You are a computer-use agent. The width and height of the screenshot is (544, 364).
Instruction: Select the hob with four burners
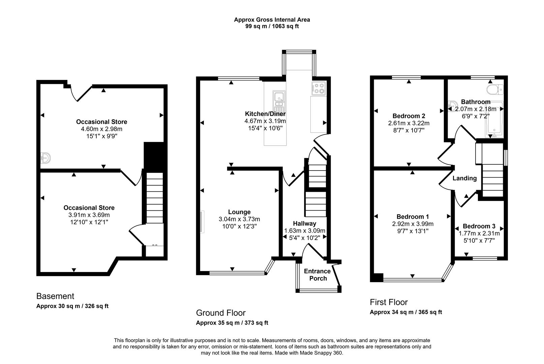tap(319, 88)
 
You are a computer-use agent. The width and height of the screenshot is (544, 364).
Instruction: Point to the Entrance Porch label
tap(317, 275)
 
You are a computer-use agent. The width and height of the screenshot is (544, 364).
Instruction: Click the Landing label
tap(464, 178)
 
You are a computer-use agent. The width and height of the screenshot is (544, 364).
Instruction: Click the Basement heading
tap(55, 296)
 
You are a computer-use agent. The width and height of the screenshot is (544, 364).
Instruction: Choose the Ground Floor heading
tap(221, 313)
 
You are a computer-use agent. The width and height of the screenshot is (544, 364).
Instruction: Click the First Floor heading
tap(389, 302)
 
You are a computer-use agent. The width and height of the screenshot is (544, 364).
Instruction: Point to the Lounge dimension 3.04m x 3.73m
tap(239, 219)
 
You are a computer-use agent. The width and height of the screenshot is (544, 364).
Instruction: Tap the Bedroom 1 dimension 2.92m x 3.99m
tap(413, 224)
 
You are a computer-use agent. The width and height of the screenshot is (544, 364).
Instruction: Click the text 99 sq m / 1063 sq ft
tap(272, 26)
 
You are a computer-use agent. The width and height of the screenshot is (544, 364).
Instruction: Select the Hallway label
tap(304, 223)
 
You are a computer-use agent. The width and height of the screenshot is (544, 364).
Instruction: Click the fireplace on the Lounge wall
tap(202, 221)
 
